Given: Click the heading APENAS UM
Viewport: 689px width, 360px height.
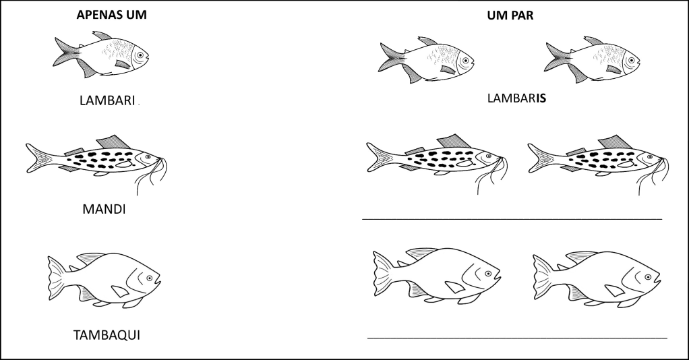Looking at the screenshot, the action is (x=112, y=15).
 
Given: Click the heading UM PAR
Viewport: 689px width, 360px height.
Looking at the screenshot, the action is (x=510, y=16).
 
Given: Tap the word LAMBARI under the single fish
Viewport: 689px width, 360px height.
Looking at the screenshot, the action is (x=107, y=100).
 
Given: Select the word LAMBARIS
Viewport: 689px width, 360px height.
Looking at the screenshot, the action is (x=516, y=98).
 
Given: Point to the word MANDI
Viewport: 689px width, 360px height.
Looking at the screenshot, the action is (x=104, y=209).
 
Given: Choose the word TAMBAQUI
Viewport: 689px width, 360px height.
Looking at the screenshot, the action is (x=107, y=335).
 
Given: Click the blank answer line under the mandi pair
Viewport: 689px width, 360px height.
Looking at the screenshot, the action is (x=512, y=218).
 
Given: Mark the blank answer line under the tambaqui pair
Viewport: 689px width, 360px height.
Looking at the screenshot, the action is (x=517, y=338).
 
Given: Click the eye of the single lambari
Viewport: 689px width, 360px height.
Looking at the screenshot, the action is (x=140, y=55).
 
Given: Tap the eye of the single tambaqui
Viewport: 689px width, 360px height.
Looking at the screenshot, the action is (x=150, y=278).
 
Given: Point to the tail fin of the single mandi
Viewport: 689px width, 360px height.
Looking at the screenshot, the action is (x=38, y=158).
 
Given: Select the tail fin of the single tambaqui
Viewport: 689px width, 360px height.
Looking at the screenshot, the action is (x=57, y=278).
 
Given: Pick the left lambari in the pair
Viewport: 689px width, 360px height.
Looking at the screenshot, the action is (x=426, y=60).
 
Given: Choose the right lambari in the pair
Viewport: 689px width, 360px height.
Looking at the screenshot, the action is (x=593, y=60).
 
